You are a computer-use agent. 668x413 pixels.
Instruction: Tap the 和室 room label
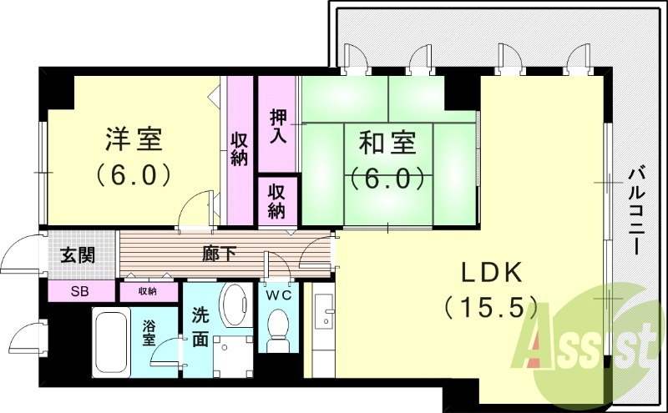[x=388, y=143]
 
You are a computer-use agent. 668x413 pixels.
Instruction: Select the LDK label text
[x=491, y=273]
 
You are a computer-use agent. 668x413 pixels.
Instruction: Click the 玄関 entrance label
[x=77, y=255]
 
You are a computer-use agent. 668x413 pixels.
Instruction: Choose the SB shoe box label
[x=80, y=292]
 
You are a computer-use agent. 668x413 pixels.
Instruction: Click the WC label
[x=277, y=294]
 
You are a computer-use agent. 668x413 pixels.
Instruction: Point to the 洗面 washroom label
[x=200, y=327]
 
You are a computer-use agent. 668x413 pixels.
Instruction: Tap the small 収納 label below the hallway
[x=148, y=291]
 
